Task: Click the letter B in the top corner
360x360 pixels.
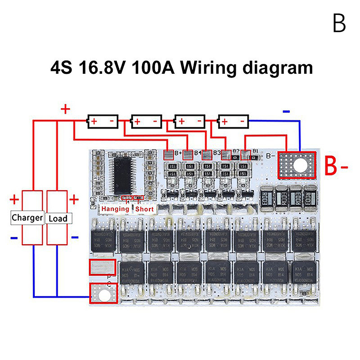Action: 339,23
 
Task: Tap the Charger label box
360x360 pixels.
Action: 27,218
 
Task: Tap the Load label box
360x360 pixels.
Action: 58,218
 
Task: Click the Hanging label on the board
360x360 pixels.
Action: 115,209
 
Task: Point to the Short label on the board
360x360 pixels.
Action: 144,209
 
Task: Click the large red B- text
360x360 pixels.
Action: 337,167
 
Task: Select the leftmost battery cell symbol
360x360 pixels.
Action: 103,121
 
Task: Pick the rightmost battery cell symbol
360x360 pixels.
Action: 234,121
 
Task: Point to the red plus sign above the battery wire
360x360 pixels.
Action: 66,109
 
